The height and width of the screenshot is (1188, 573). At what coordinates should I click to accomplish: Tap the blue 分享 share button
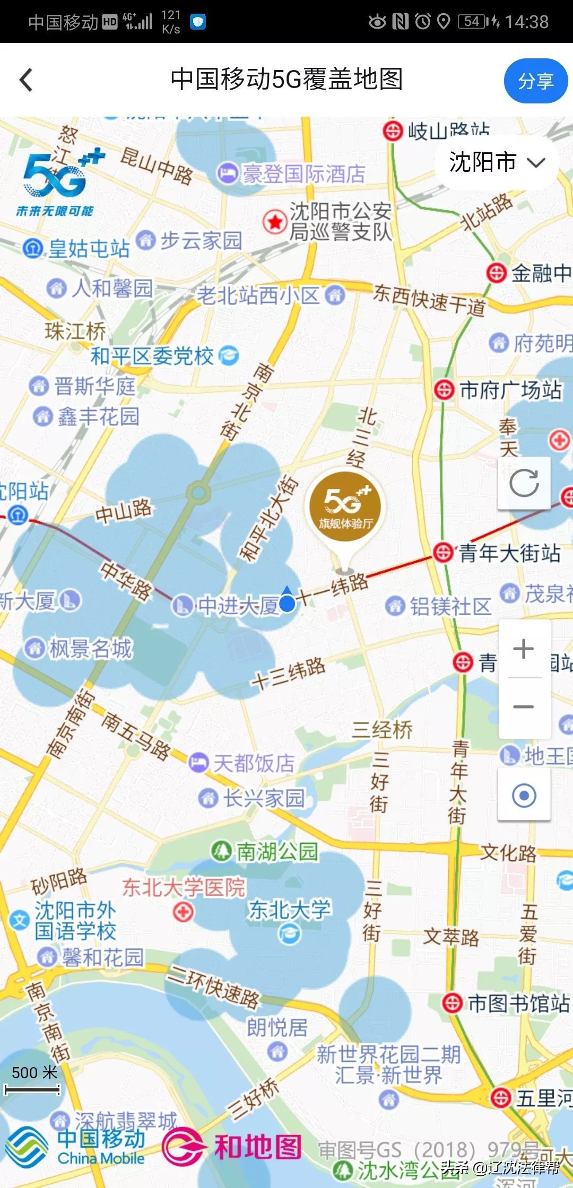pyautogui.click(x=535, y=81)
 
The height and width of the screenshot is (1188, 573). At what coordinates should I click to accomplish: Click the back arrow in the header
pyautogui.click(x=26, y=80)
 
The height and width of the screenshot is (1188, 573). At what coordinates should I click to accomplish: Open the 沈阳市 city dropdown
pyautogui.click(x=497, y=162)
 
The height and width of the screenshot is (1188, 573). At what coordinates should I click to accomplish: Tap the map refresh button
pyautogui.click(x=524, y=483)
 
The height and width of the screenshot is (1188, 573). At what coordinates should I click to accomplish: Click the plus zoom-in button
pyautogui.click(x=524, y=649)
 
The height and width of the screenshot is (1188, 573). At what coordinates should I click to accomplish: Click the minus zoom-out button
pyautogui.click(x=524, y=706)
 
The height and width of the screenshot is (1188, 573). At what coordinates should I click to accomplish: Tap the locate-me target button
pyautogui.click(x=524, y=796)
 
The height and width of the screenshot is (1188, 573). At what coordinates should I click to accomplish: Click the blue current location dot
pyautogui.click(x=287, y=603)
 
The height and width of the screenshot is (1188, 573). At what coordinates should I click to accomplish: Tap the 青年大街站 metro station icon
pyautogui.click(x=443, y=553)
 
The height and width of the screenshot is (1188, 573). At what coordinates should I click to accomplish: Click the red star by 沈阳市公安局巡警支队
pyautogui.click(x=275, y=222)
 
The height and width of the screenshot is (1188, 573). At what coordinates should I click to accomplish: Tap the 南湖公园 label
pyautogui.click(x=276, y=851)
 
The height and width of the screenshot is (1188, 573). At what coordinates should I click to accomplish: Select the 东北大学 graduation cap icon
pyautogui.click(x=290, y=933)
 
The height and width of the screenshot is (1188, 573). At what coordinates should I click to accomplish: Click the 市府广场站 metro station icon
pyautogui.click(x=444, y=390)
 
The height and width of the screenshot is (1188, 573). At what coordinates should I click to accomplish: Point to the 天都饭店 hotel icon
pyautogui.click(x=198, y=763)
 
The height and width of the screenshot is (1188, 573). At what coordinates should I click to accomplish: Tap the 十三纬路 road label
pyautogui.click(x=289, y=672)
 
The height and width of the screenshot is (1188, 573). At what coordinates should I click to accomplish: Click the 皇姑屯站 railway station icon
pyautogui.click(x=33, y=248)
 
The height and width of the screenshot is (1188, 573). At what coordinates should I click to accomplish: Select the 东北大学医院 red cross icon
pyautogui.click(x=183, y=912)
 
